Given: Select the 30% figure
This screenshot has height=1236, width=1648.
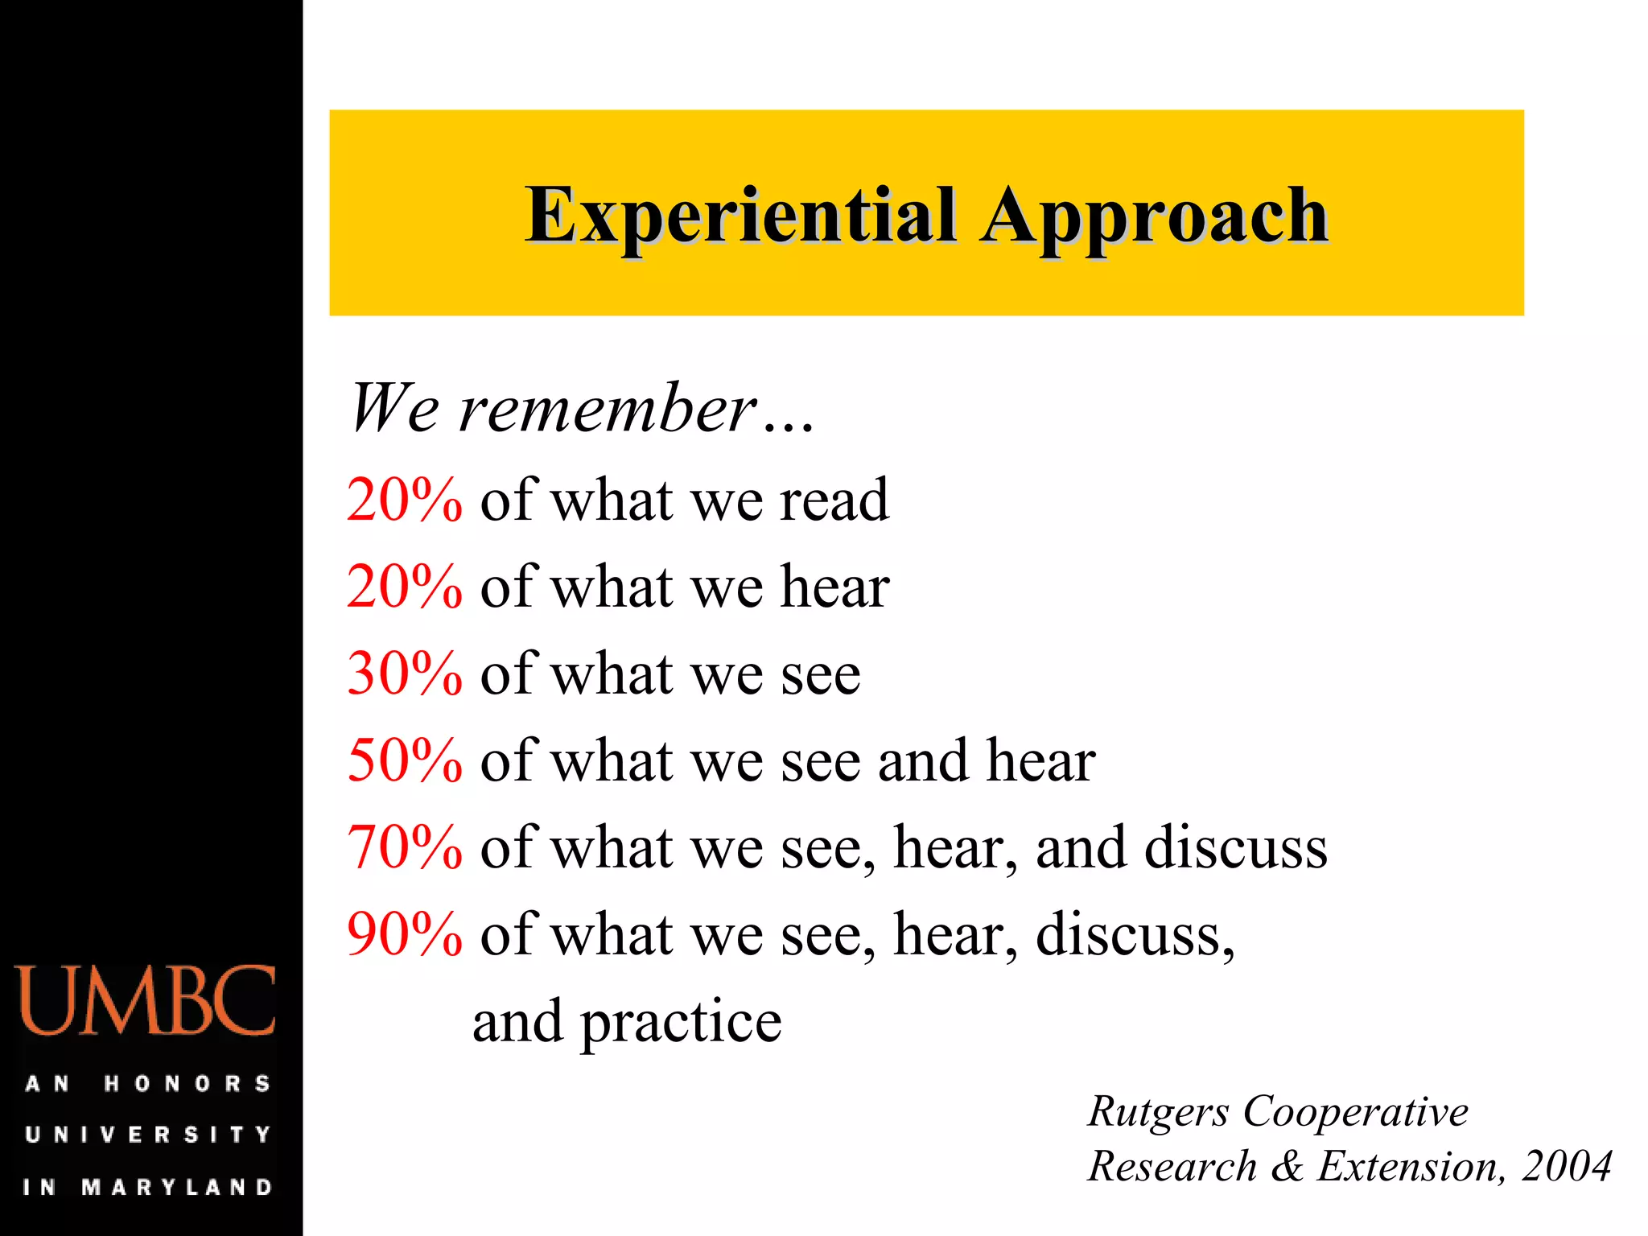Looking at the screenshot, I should tap(405, 674).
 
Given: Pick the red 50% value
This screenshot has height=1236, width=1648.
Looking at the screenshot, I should tap(405, 760).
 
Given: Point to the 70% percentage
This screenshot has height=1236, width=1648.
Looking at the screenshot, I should tap(405, 847).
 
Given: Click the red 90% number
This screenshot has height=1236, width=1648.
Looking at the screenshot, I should tap(405, 934).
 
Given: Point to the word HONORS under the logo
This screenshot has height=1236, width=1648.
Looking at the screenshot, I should tap(187, 1084).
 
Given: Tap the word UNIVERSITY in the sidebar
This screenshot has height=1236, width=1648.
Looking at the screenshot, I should tap(148, 1135).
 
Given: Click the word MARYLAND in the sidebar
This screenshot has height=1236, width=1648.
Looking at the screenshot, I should tap(177, 1187).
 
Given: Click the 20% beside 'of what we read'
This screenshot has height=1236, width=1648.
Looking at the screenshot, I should tap(405, 501).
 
